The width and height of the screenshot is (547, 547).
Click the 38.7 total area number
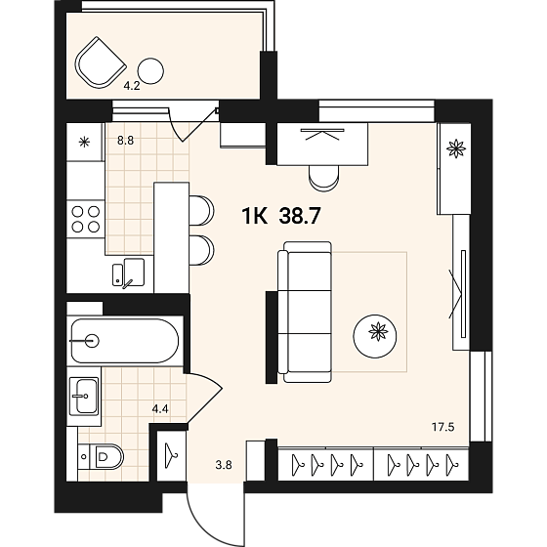pyautogui.click(x=299, y=216)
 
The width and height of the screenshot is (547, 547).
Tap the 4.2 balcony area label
pyautogui.click(x=132, y=86)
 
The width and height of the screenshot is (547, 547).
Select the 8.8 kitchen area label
pyautogui.click(x=126, y=141)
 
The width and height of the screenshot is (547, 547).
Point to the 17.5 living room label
pyautogui.click(x=443, y=427)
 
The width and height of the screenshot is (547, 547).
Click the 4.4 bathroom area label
pyautogui.click(x=160, y=408)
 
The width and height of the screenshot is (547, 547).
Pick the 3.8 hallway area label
pyautogui.click(x=224, y=465)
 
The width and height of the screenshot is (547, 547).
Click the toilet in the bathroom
pyautogui.click(x=101, y=456)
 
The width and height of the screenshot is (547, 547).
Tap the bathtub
pyautogui.click(x=125, y=341)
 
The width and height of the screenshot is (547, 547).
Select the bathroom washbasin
pyautogui.click(x=84, y=396)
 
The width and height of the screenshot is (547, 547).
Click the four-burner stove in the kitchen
pyautogui.click(x=86, y=220)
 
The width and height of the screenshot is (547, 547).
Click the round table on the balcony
pyautogui.click(x=150, y=70)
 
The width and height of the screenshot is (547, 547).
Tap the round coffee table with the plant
pyautogui.click(x=375, y=336)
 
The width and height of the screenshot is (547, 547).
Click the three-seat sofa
pyautogui.click(x=305, y=312)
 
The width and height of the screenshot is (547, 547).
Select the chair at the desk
pyautogui.click(x=324, y=178)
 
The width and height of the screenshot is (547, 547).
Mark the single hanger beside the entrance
pyautogui.click(x=171, y=455)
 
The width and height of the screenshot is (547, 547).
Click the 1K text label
pyautogui.click(x=255, y=216)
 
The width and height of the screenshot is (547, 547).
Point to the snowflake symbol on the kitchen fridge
pyautogui.click(x=84, y=142)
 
